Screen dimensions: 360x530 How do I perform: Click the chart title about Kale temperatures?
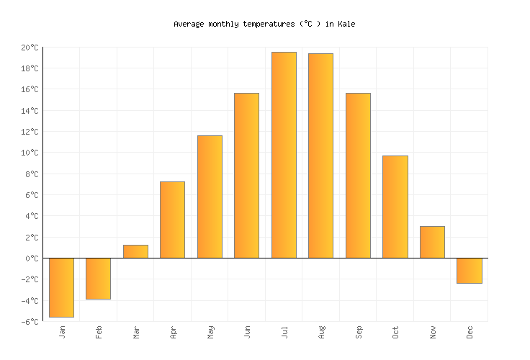[264, 24]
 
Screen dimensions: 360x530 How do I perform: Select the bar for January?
[61, 287]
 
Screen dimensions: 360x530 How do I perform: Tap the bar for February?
[98, 278]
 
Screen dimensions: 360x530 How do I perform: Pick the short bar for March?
[135, 251]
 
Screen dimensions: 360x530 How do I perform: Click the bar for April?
[172, 220]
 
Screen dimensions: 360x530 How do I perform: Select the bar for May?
[210, 197]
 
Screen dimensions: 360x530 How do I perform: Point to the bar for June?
[246, 175]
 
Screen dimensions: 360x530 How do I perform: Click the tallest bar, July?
[284, 155]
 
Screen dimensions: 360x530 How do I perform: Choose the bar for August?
[320, 156]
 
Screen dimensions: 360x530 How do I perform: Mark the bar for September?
[358, 175]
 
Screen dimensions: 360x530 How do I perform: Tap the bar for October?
[395, 207]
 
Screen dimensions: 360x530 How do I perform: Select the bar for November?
[432, 242]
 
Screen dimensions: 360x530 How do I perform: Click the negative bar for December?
[469, 270]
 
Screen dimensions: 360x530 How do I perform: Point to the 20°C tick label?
[30, 48]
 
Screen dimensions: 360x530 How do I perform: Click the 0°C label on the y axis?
[32, 258]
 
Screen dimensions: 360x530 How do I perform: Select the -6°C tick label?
[30, 321]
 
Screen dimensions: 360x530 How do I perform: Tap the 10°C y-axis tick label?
[30, 153]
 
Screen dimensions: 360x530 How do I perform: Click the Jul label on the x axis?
[284, 332]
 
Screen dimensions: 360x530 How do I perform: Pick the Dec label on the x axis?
[470, 332]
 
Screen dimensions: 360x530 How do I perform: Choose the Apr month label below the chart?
[173, 332]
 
